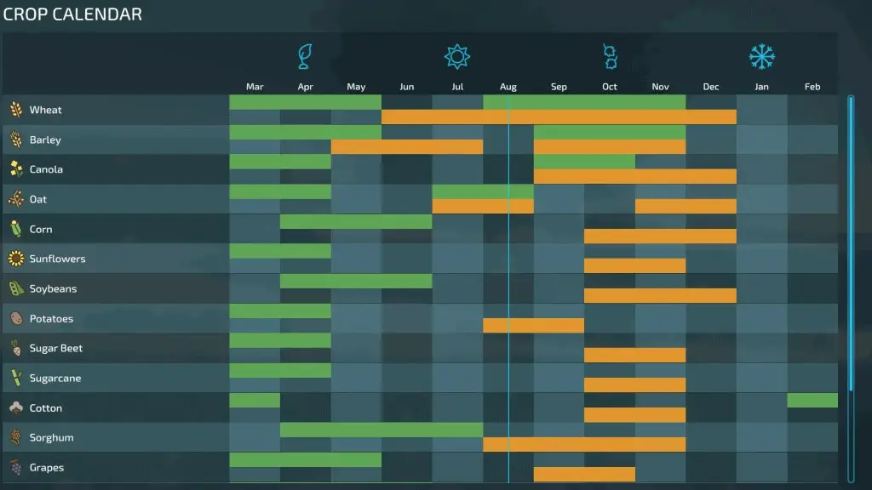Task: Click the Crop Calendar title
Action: pyautogui.click(x=73, y=14)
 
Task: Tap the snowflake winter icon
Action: pyautogui.click(x=761, y=56)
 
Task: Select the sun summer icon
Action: pyautogui.click(x=457, y=56)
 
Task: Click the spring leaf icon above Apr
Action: pyautogui.click(x=305, y=56)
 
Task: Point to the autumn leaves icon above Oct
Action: pyautogui.click(x=610, y=56)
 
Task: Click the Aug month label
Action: pyautogui.click(x=508, y=87)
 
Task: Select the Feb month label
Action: pyautogui.click(x=812, y=87)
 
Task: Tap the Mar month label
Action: pyautogui.click(x=255, y=87)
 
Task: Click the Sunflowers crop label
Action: pyautogui.click(x=57, y=259)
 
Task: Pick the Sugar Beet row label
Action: pyautogui.click(x=55, y=348)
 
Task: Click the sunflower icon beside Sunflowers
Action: pyautogui.click(x=16, y=259)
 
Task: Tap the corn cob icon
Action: pyautogui.click(x=16, y=229)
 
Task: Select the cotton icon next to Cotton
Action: pyautogui.click(x=16, y=407)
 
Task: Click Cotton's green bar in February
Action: pyautogui.click(x=812, y=400)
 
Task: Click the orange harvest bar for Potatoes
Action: pyautogui.click(x=533, y=326)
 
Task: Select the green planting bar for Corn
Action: pyautogui.click(x=356, y=221)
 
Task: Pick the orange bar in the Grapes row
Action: pyautogui.click(x=584, y=474)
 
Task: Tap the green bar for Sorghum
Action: pyautogui.click(x=381, y=430)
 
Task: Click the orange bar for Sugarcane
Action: pyautogui.click(x=634, y=385)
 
